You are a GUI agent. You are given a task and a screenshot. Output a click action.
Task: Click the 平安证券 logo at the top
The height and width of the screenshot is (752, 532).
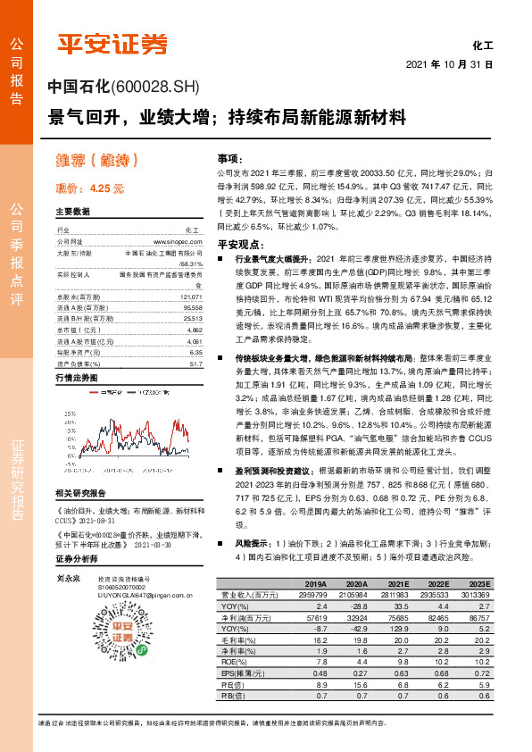pyautogui.click(x=112, y=43)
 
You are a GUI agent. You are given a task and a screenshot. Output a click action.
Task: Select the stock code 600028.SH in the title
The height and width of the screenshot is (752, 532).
pyautogui.click(x=154, y=88)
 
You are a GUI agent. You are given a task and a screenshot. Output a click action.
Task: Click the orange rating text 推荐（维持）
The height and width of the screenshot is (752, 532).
pyautogui.click(x=99, y=162)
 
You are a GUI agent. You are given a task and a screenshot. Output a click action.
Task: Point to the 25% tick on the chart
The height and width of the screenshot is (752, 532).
pyautogui.click(x=67, y=414)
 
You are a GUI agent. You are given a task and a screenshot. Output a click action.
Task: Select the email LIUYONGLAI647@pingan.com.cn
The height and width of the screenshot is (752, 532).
pyautogui.click(x=140, y=597)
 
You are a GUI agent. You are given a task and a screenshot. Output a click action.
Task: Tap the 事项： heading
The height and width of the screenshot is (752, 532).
pyautogui.click(x=229, y=157)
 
